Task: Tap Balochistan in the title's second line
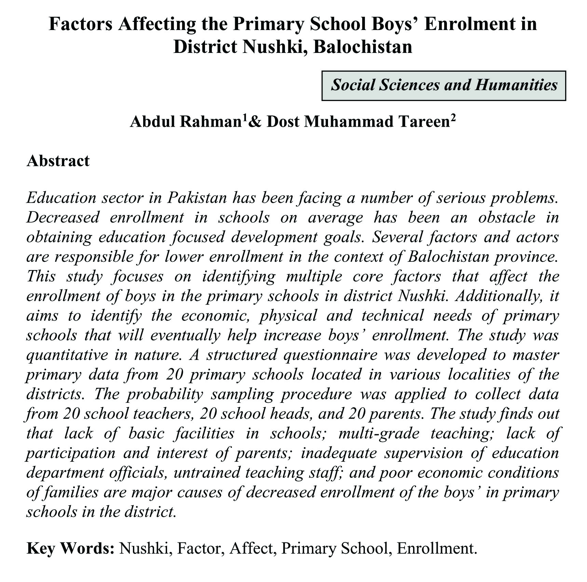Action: coord(363,47)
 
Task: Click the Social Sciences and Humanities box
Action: coord(443,85)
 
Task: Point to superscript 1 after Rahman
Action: coord(245,118)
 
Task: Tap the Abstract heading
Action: coord(58,161)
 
